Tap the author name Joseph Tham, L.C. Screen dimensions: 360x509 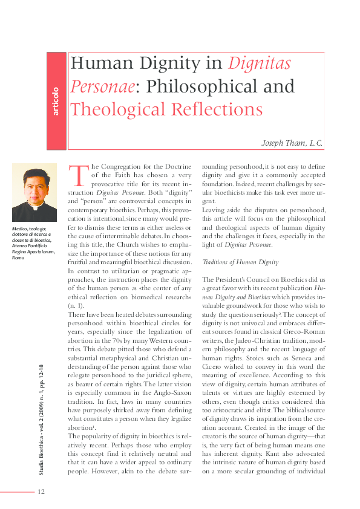click(x=292, y=144)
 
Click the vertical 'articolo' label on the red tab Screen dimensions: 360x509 click(x=56, y=101)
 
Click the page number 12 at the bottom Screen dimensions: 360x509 click(x=41, y=491)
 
